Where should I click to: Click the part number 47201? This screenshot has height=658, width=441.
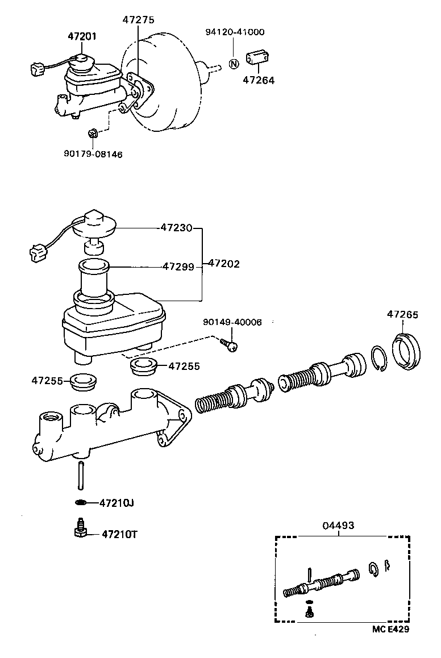(82, 36)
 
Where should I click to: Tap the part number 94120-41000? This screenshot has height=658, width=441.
(235, 32)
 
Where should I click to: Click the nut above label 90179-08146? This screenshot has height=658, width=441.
(93, 134)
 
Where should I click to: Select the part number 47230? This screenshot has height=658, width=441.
(177, 228)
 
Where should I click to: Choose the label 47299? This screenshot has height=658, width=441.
(178, 266)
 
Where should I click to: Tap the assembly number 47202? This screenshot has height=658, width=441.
(224, 264)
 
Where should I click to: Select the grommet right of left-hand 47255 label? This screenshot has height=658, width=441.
(84, 382)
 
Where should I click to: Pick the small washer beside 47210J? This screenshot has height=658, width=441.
(81, 502)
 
